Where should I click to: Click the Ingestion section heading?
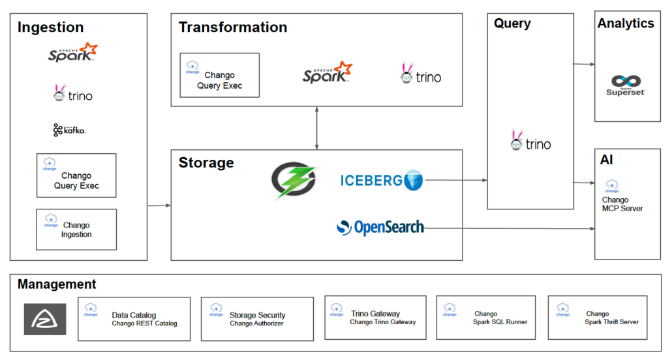(50, 27)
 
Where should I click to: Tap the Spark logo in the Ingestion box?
(72, 53)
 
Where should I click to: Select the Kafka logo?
(69, 130)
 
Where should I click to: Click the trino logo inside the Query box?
(530, 142)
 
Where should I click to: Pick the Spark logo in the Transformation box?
(327, 73)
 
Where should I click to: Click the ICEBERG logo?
(382, 180)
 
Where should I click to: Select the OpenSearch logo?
(380, 228)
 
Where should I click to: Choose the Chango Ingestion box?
(76, 229)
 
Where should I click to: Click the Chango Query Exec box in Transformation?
(219, 75)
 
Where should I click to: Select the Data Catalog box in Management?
(134, 319)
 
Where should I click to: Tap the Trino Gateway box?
(375, 318)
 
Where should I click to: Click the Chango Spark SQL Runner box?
(486, 318)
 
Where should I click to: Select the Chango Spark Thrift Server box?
(598, 318)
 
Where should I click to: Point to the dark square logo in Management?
(45, 319)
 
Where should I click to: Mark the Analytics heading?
(625, 23)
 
